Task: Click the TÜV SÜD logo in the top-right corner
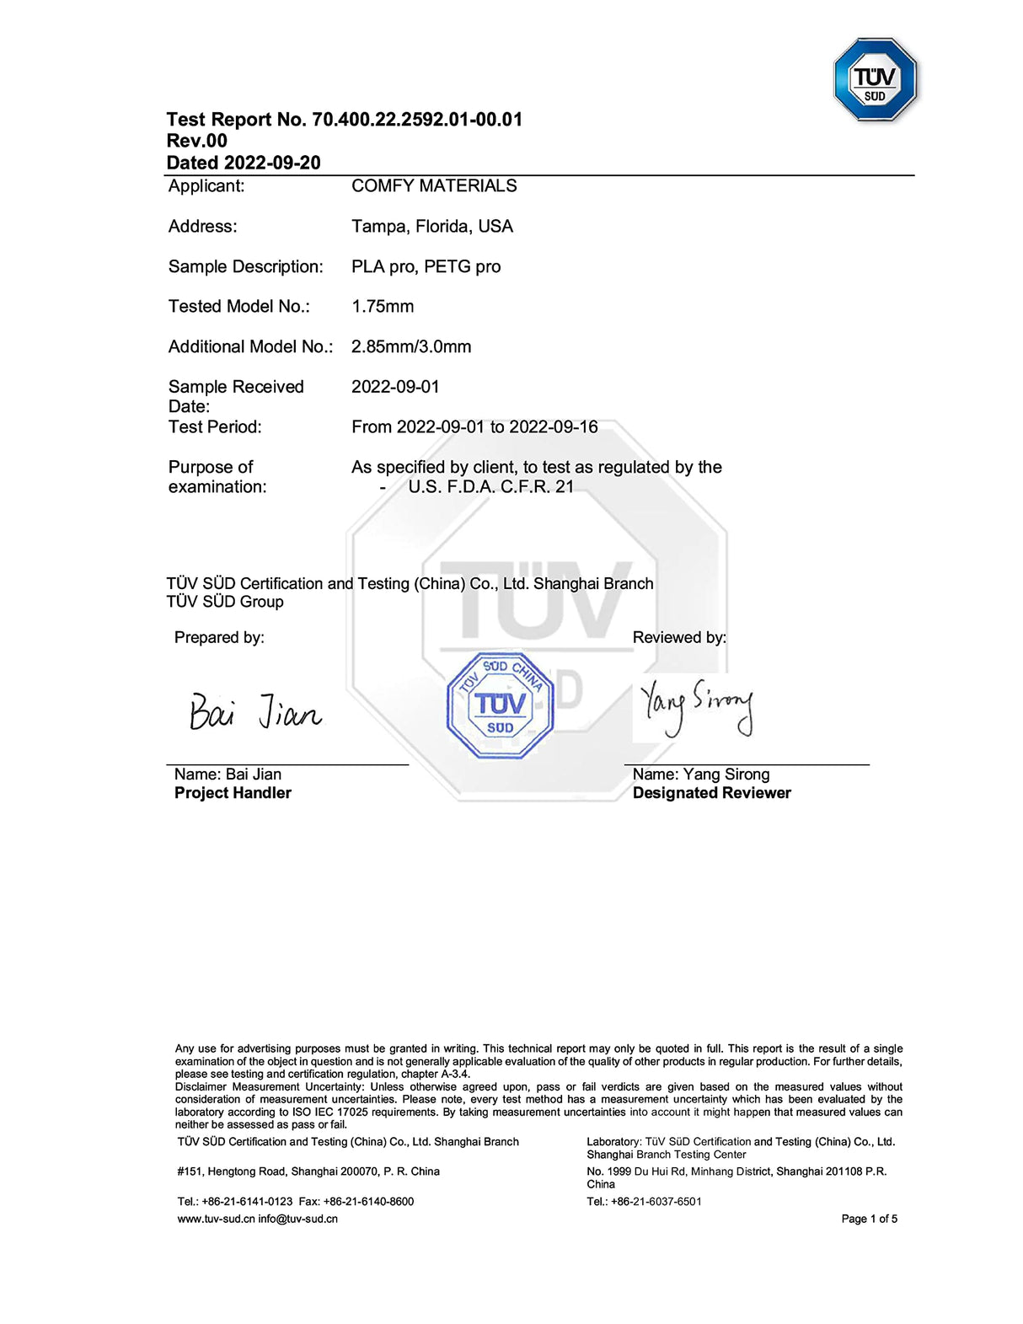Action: (x=875, y=79)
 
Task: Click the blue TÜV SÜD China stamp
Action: (x=500, y=705)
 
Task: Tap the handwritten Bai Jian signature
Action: (x=254, y=711)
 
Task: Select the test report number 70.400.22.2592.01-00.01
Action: (x=417, y=120)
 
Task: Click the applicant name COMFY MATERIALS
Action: (x=434, y=186)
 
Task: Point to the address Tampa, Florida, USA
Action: (x=431, y=227)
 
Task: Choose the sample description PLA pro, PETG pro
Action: (x=426, y=267)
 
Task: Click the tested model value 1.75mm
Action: (x=383, y=307)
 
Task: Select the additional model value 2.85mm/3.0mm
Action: (x=411, y=347)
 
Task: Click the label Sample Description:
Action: (x=245, y=267)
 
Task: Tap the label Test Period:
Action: (x=215, y=427)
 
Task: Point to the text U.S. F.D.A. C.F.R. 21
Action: (x=490, y=487)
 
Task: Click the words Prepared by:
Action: (x=219, y=638)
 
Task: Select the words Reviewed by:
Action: (x=679, y=638)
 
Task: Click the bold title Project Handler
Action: (x=233, y=793)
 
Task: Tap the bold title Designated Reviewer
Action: (x=711, y=793)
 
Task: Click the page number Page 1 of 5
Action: (x=869, y=1219)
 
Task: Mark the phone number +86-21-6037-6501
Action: (x=656, y=1202)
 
